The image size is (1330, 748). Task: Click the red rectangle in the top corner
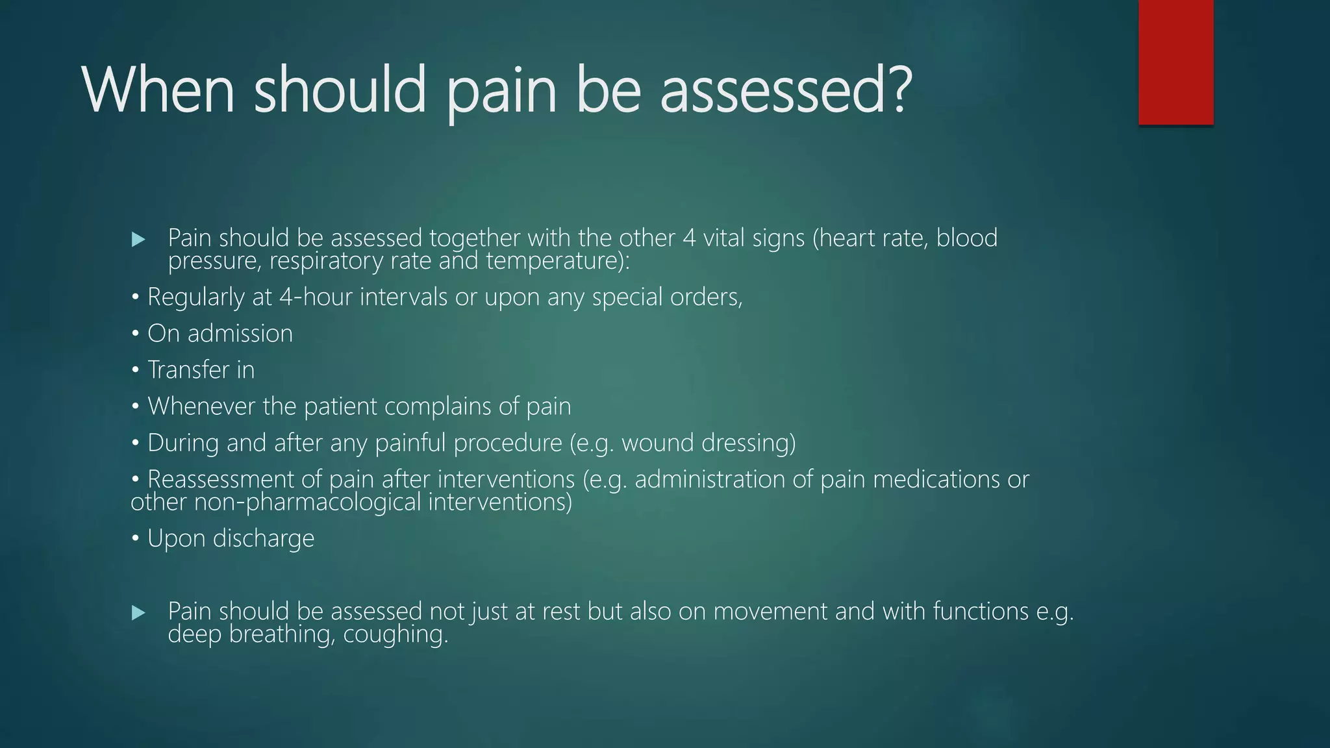(1175, 62)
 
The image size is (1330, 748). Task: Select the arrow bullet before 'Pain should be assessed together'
(138, 240)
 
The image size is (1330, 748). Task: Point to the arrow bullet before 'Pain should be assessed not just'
(138, 612)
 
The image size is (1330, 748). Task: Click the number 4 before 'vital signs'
(689, 238)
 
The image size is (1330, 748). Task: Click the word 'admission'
(240, 334)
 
